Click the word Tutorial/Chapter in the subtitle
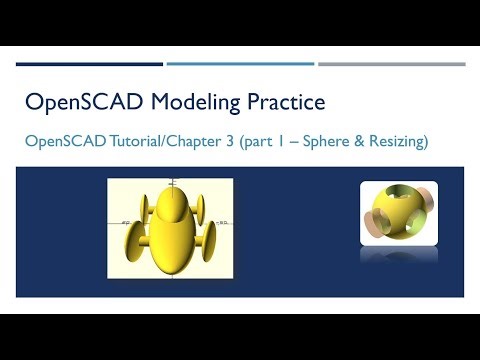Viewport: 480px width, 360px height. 165,142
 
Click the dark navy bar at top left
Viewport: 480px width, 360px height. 89,64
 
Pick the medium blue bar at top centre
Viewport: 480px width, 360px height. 240,64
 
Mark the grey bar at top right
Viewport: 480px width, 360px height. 391,64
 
